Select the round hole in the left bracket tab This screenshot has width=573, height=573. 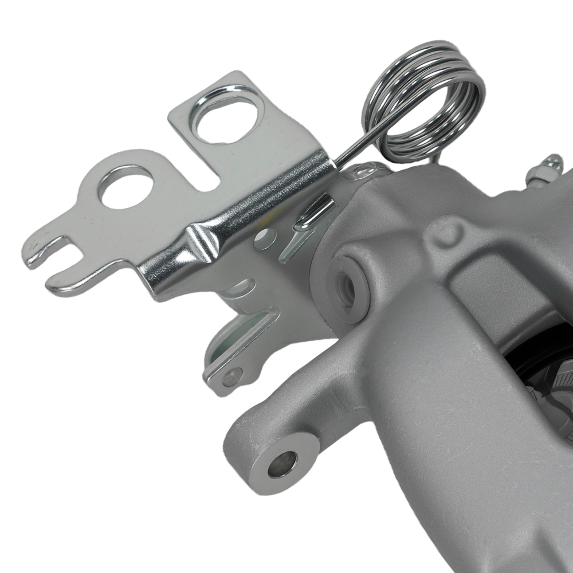pos(127,187)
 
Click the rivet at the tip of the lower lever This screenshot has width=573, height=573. pos(232,376)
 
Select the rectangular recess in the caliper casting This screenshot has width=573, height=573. pos(487,298)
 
